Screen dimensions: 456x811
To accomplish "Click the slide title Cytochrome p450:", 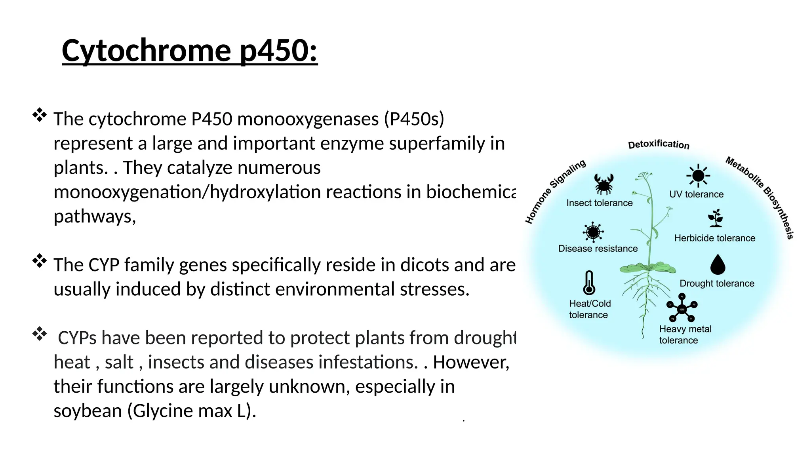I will click(x=190, y=51).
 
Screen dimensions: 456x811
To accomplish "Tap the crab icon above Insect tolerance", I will click(x=604, y=184).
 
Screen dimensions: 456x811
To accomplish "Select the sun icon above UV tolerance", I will click(x=698, y=175).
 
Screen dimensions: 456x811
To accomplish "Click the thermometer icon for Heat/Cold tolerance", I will click(x=589, y=283).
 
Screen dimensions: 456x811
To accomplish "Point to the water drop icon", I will click(x=718, y=264).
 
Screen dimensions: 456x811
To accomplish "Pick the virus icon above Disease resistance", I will click(x=593, y=232).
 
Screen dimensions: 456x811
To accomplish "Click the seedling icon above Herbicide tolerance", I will click(x=716, y=218).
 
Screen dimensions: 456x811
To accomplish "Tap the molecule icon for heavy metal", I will click(x=682, y=308).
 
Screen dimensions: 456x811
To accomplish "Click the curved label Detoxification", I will click(x=659, y=144).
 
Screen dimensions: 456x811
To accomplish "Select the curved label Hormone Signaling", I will click(x=554, y=191).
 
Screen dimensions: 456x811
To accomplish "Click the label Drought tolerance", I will click(x=717, y=283).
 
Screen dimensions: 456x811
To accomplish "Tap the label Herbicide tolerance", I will click(x=714, y=238).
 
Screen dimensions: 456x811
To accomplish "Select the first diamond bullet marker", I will click(x=40, y=115).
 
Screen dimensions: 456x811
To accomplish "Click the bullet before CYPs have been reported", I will click(x=40, y=334).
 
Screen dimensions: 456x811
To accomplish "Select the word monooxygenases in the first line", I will click(x=308, y=119).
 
